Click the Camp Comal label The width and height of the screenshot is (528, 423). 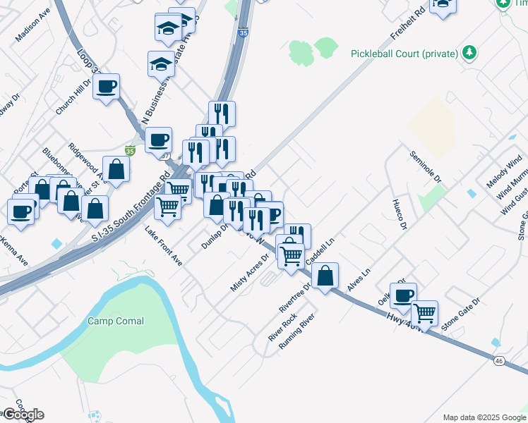pyautogui.click(x=116, y=321)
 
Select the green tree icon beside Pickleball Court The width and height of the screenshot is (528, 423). pyautogui.click(x=469, y=53)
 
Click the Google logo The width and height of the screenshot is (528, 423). pyautogui.click(x=23, y=415)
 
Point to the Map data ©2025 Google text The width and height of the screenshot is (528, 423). pyautogui.click(x=484, y=417)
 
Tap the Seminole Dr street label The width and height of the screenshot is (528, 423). pyautogui.click(x=426, y=166)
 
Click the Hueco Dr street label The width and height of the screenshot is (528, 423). pyautogui.click(x=400, y=214)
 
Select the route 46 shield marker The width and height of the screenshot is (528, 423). pyautogui.click(x=499, y=360)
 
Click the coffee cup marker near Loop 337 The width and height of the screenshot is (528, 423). pyautogui.click(x=106, y=87)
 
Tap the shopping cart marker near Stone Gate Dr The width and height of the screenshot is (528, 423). pyautogui.click(x=424, y=312)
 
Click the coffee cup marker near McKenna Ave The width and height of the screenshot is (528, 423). pyautogui.click(x=22, y=211)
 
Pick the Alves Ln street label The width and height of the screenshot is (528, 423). pyautogui.click(x=359, y=281)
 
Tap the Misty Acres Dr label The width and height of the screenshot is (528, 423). pyautogui.click(x=251, y=271)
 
